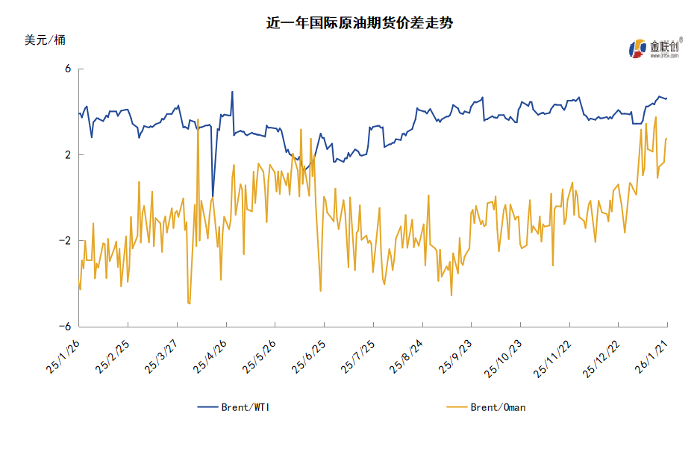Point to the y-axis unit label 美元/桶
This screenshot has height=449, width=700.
point(45,40)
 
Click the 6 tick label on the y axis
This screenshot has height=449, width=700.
point(67,69)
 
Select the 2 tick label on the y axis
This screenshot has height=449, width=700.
point(67,155)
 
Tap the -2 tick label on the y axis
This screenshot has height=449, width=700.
point(65,241)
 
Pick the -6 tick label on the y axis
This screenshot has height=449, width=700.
point(65,327)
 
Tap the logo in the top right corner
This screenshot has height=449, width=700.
point(653,48)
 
